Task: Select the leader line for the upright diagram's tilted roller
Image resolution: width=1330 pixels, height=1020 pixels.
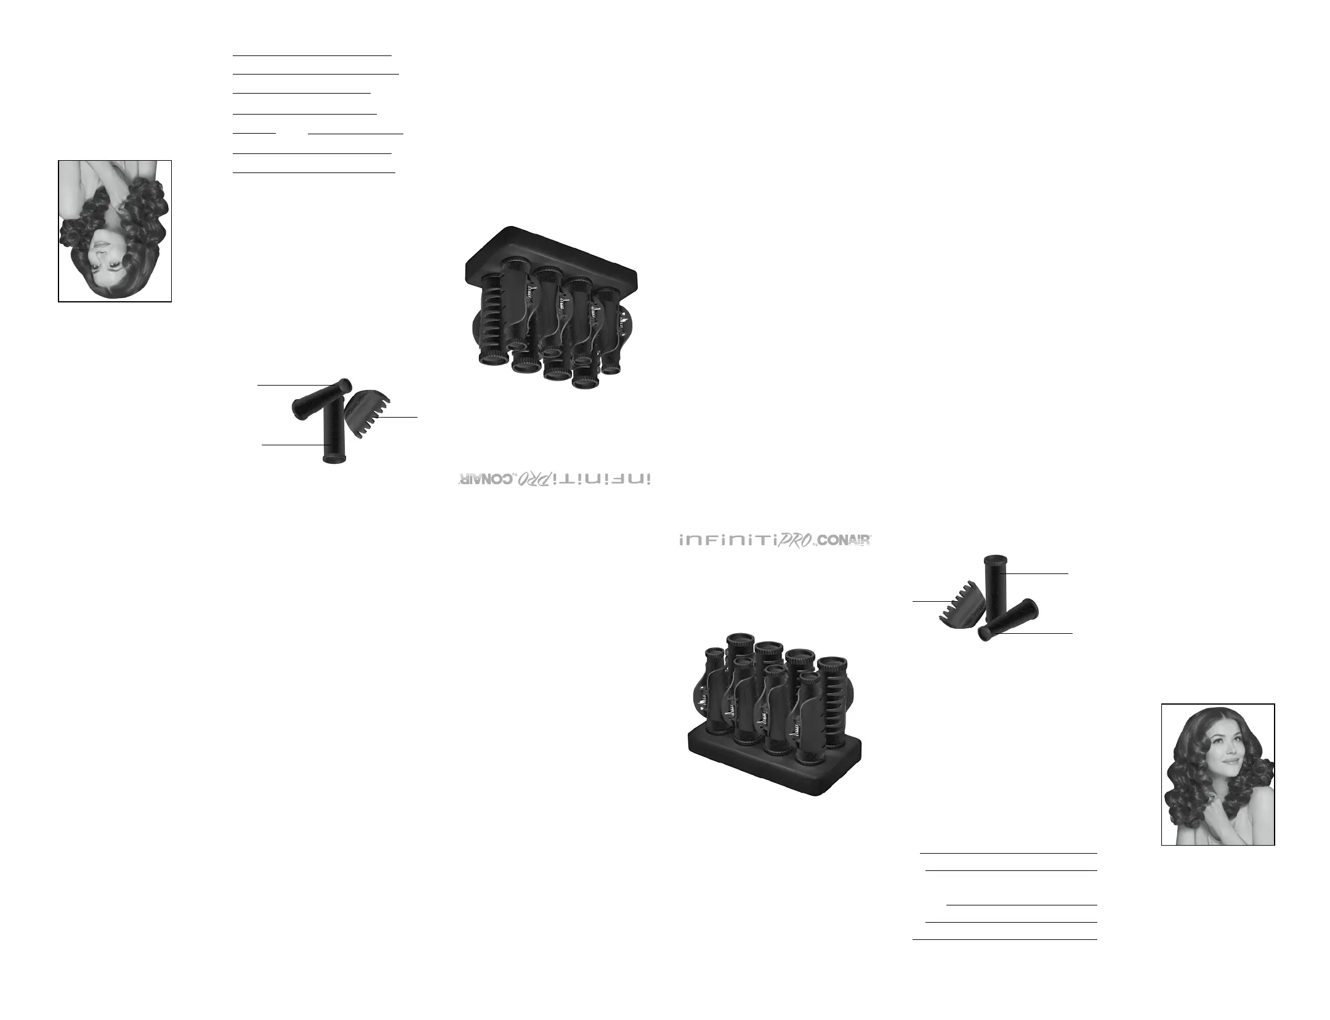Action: tap(1034, 633)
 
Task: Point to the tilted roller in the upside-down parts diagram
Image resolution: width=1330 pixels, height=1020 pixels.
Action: tap(320, 400)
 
